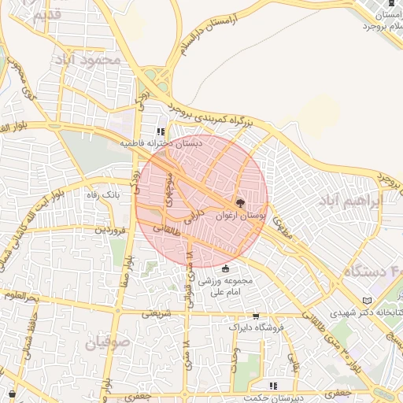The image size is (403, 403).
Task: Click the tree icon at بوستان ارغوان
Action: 241,203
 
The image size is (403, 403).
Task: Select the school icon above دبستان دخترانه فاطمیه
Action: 161,133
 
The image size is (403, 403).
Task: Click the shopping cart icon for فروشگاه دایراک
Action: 255,316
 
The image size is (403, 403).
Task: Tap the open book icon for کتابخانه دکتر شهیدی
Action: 367,301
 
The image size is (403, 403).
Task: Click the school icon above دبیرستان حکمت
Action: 273,386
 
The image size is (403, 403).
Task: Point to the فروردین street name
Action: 110,230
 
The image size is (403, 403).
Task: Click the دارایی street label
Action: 197,220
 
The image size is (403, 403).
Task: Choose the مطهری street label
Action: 281,226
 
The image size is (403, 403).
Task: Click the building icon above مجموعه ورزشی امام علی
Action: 226,268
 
